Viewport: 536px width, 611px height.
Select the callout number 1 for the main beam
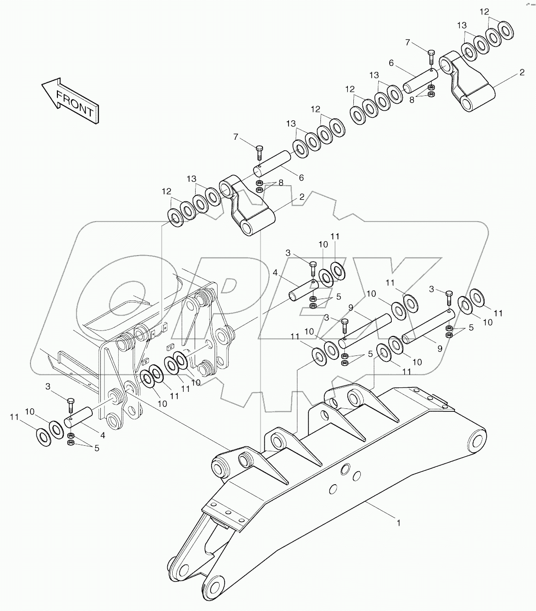click(398, 523)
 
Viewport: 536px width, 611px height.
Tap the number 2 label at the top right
click(522, 72)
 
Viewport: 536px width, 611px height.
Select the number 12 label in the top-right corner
click(485, 11)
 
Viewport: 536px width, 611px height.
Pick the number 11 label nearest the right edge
click(499, 313)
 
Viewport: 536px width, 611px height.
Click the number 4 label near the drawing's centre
click(275, 274)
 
